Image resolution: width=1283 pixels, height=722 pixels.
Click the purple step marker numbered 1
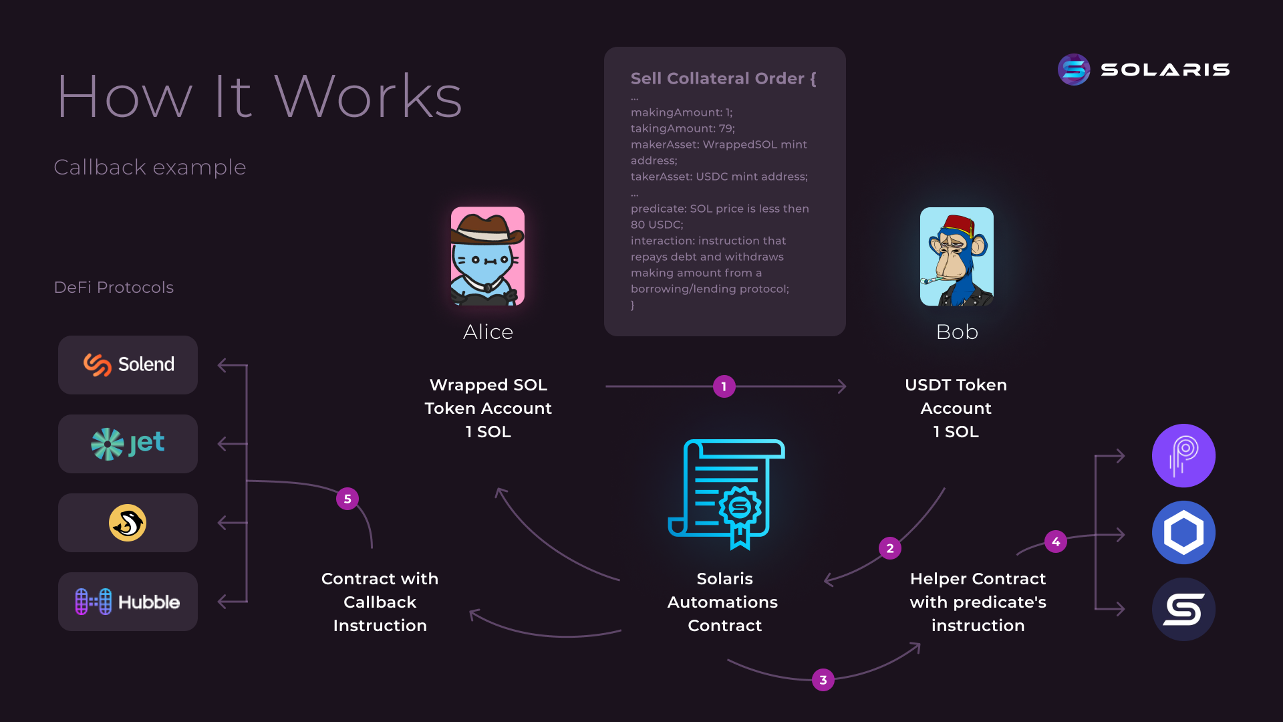724,386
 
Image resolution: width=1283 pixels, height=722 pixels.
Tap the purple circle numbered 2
889,548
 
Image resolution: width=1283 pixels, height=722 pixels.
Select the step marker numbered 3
823,680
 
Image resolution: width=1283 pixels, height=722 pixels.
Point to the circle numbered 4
1055,541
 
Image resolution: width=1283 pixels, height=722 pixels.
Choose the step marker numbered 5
347,499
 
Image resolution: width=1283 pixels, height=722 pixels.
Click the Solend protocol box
128,364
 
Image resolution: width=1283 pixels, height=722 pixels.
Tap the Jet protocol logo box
128,443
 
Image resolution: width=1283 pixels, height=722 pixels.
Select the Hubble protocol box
128,602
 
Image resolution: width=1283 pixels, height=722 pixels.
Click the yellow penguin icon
128,523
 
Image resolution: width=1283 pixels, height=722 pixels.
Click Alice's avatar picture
487,256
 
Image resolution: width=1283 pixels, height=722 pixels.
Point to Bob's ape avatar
956,257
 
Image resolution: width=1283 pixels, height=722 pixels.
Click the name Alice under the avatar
488,332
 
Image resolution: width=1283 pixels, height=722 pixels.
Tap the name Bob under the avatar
957,332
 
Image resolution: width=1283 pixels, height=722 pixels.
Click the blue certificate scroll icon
726,494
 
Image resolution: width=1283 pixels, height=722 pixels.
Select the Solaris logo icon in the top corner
1074,70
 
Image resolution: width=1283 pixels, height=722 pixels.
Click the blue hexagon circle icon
1183,533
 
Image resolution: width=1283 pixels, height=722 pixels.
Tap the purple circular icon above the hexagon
1183,456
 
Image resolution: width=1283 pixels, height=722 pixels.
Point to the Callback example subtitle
150,167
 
